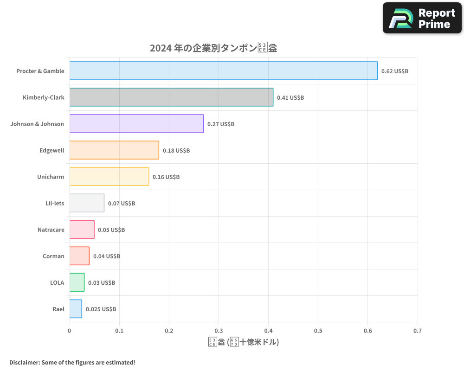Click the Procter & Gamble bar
click(x=223, y=71)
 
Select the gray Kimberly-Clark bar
click(x=171, y=97)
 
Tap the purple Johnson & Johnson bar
click(x=136, y=124)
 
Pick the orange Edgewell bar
click(x=114, y=150)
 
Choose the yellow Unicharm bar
click(x=109, y=177)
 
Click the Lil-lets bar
click(x=87, y=203)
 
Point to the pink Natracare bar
click(x=82, y=230)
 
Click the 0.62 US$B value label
click(x=394, y=71)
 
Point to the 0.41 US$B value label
click(x=290, y=98)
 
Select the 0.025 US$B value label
click(x=101, y=309)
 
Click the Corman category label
click(x=53, y=256)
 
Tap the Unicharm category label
click(x=51, y=177)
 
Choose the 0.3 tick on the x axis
click(x=219, y=331)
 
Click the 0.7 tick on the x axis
click(x=418, y=331)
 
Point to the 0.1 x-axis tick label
click(x=119, y=331)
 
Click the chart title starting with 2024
click(x=213, y=48)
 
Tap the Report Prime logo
click(x=422, y=18)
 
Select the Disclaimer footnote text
click(x=72, y=362)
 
